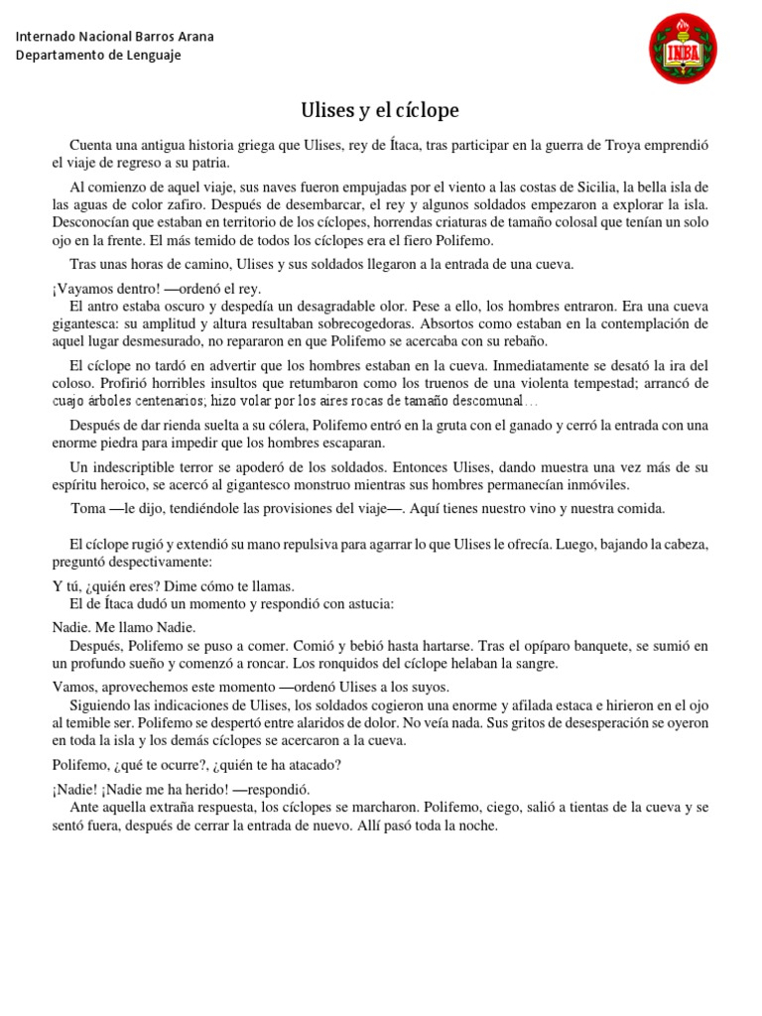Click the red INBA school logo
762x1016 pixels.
(683, 49)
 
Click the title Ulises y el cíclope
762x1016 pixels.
(380, 109)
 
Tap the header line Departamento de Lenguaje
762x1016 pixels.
(98, 55)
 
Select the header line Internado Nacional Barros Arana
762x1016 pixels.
(115, 37)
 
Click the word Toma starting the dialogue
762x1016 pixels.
(87, 508)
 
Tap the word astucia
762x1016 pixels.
(369, 603)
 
